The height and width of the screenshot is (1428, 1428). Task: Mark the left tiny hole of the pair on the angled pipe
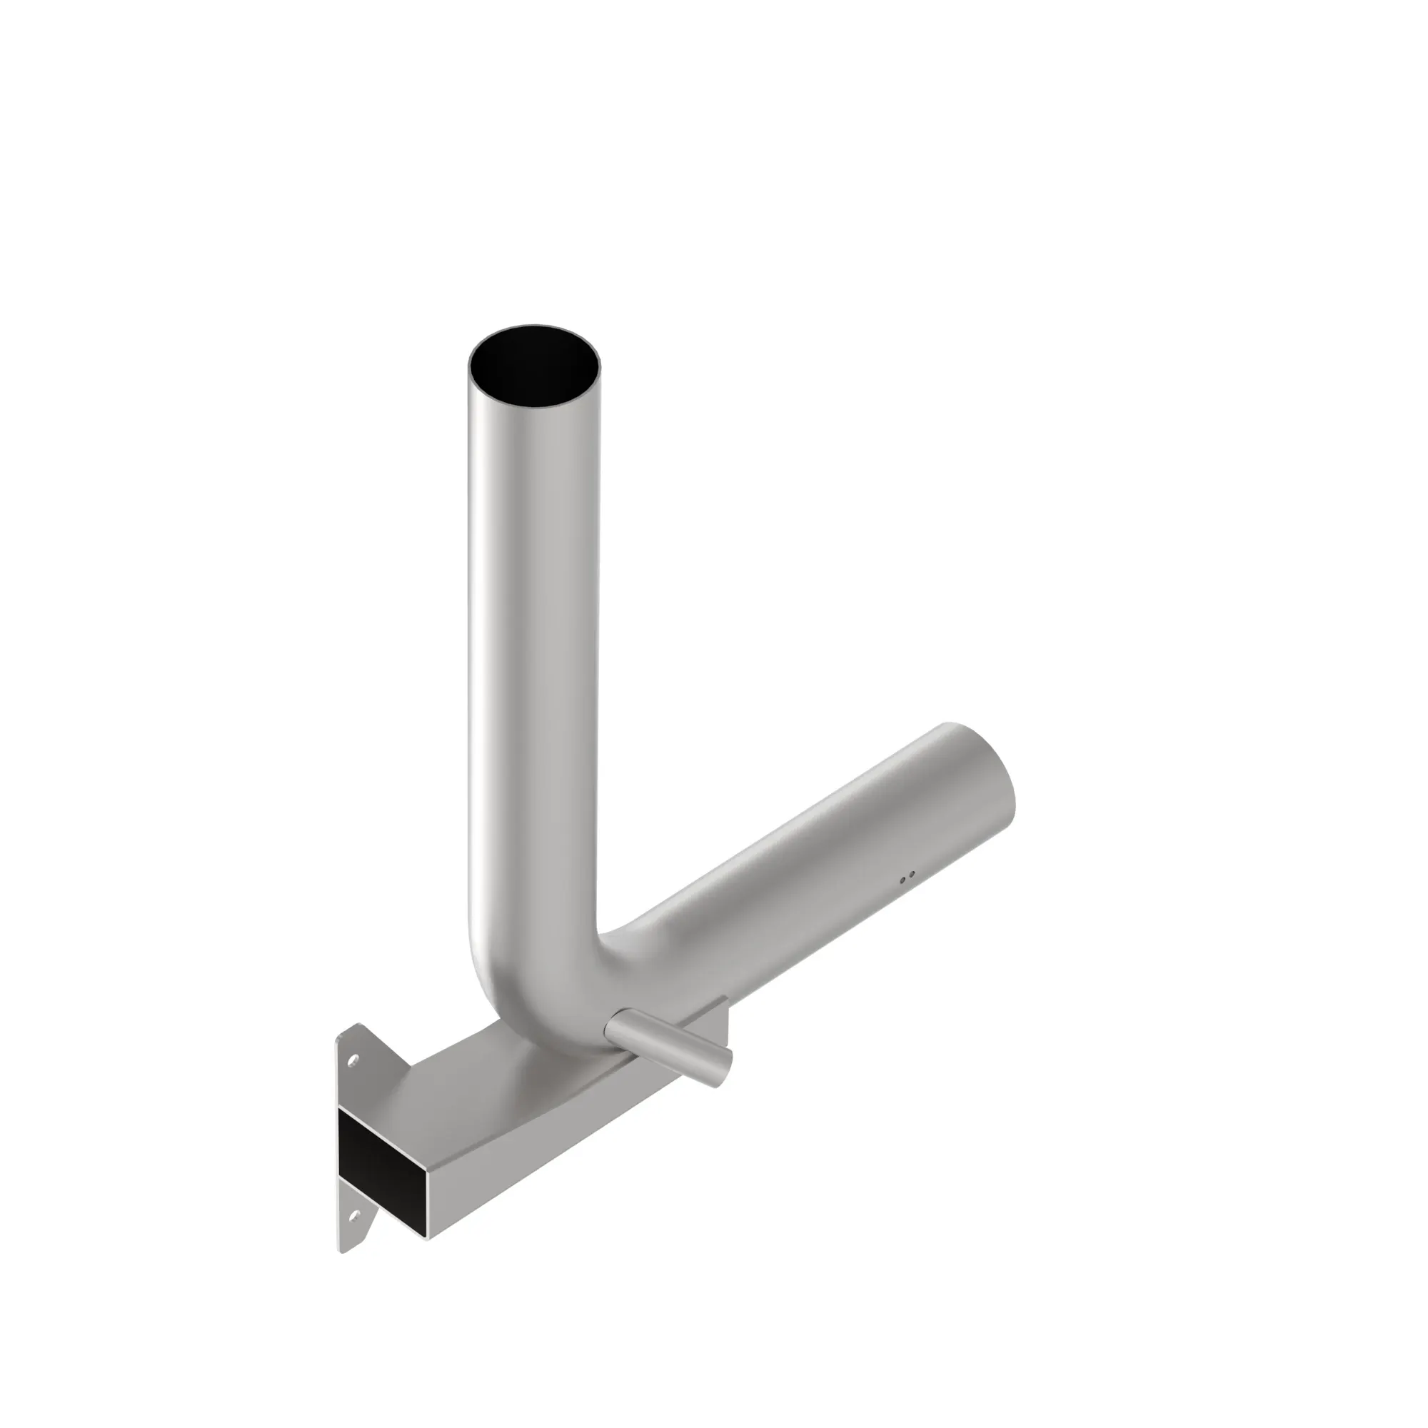[x=902, y=880]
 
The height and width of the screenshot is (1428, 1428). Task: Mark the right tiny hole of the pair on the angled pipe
[x=912, y=875]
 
